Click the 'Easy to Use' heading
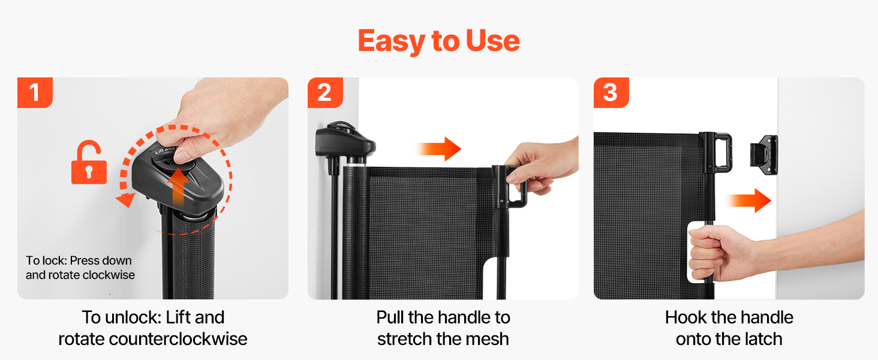coord(438,41)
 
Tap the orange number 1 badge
coord(35,92)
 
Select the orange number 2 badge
coord(325,92)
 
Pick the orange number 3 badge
coord(611,92)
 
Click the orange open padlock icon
coord(89,163)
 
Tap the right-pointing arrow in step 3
coord(748,201)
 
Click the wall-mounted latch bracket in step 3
coord(764,155)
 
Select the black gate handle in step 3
coord(717,153)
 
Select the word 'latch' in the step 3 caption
coord(760,339)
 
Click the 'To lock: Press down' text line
coord(79,260)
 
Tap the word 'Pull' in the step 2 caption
coord(390,317)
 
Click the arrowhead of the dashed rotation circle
coord(126,200)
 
